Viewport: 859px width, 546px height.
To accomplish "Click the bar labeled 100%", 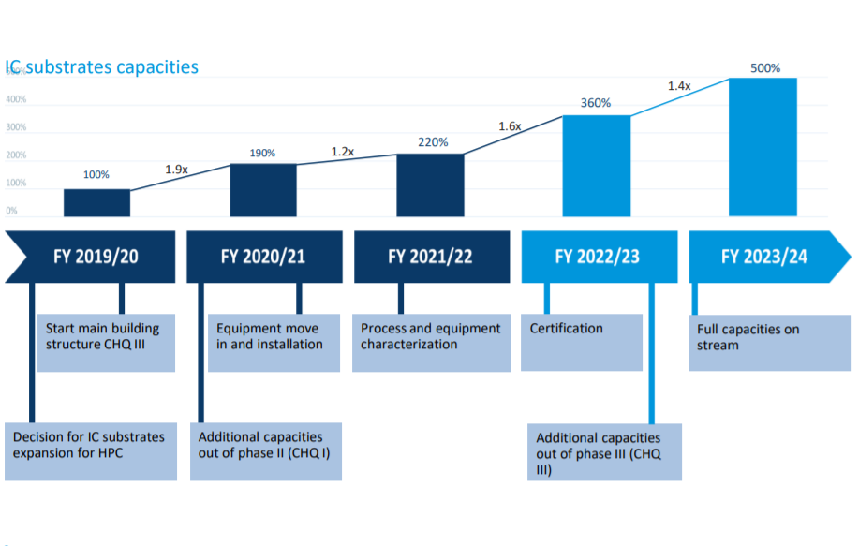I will pyautogui.click(x=96, y=202).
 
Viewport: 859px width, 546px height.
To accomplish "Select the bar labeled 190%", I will pyautogui.click(x=263, y=190).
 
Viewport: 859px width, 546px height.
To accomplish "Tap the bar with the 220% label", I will pyautogui.click(x=430, y=184).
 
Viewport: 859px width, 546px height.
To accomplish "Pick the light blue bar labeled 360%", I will pyautogui.click(x=596, y=166).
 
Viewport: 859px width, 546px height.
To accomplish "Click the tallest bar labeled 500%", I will pyautogui.click(x=763, y=147).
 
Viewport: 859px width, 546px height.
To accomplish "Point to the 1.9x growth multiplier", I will pyautogui.click(x=177, y=170).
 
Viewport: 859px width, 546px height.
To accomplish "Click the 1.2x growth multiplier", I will pyautogui.click(x=343, y=151).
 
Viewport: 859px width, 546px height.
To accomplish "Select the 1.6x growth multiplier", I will pyautogui.click(x=510, y=125).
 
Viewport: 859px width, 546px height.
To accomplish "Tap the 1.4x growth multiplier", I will pyautogui.click(x=679, y=86).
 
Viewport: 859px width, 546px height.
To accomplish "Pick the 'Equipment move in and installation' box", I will pyautogui.click(x=274, y=342).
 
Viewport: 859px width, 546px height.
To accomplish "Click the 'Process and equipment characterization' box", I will pyautogui.click(x=431, y=342).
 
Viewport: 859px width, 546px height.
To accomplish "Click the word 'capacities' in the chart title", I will pyautogui.click(x=156, y=67).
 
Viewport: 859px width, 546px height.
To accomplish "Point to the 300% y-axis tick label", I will pyautogui.click(x=16, y=127).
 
